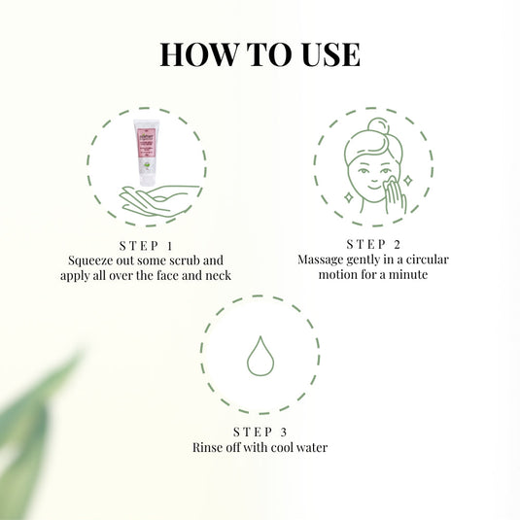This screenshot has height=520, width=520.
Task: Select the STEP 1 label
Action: click(x=146, y=244)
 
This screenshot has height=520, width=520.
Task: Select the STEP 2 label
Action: click(x=372, y=243)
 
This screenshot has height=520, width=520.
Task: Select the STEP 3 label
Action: click(x=260, y=431)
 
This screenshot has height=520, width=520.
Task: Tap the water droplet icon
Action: click(x=260, y=356)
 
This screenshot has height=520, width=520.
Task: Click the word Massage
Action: click(x=325, y=260)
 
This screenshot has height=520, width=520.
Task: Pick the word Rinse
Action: click(x=209, y=447)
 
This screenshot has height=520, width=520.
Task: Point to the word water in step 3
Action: click(x=309, y=447)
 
